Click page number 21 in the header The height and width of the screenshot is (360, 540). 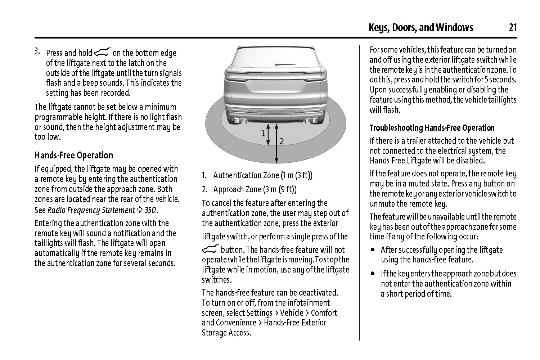pos(513,28)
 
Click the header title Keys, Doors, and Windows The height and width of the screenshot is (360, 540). pos(421,28)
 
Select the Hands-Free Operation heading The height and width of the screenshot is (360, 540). pos(74,156)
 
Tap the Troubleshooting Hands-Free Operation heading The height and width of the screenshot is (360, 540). pos(432,128)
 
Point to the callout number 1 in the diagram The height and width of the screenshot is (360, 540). pos(263,134)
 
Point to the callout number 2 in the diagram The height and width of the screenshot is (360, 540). pos(282,141)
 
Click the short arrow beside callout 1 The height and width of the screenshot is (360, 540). pos(268,135)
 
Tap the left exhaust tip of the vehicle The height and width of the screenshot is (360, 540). pos(238,120)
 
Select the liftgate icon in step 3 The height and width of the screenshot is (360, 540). pos(102,53)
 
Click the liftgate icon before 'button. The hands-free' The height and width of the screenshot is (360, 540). pos(210,249)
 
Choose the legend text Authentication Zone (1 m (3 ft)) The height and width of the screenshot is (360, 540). pos(263,176)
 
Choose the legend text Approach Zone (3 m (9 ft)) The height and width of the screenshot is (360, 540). pos(255,189)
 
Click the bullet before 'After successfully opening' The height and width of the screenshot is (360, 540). pos(373,249)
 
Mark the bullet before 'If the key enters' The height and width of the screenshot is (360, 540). pos(373,274)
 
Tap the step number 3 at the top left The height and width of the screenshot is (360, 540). pos(37,50)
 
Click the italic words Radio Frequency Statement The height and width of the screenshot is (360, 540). pos(91,210)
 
